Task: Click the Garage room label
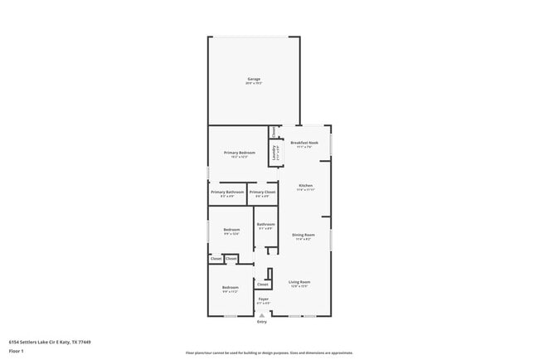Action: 253,80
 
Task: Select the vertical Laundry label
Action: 274,153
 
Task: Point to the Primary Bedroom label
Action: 240,153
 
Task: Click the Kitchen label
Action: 305,185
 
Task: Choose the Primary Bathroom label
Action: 227,192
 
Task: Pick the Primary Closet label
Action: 262,192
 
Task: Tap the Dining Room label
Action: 303,235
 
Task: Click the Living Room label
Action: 299,282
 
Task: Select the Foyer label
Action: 263,299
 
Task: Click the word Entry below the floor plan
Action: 262,322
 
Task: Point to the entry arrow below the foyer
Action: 262,315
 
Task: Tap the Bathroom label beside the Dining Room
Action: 265,224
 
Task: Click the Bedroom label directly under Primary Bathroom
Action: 231,230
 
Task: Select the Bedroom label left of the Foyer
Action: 230,288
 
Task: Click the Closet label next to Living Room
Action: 262,285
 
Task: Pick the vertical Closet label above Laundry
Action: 274,131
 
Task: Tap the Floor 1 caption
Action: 17,351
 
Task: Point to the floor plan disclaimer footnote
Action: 269,353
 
